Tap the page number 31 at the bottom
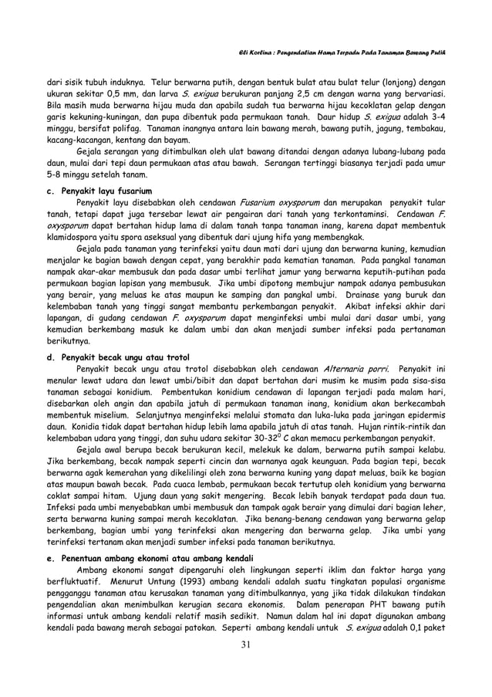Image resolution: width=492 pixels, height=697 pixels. [x=245, y=667]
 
